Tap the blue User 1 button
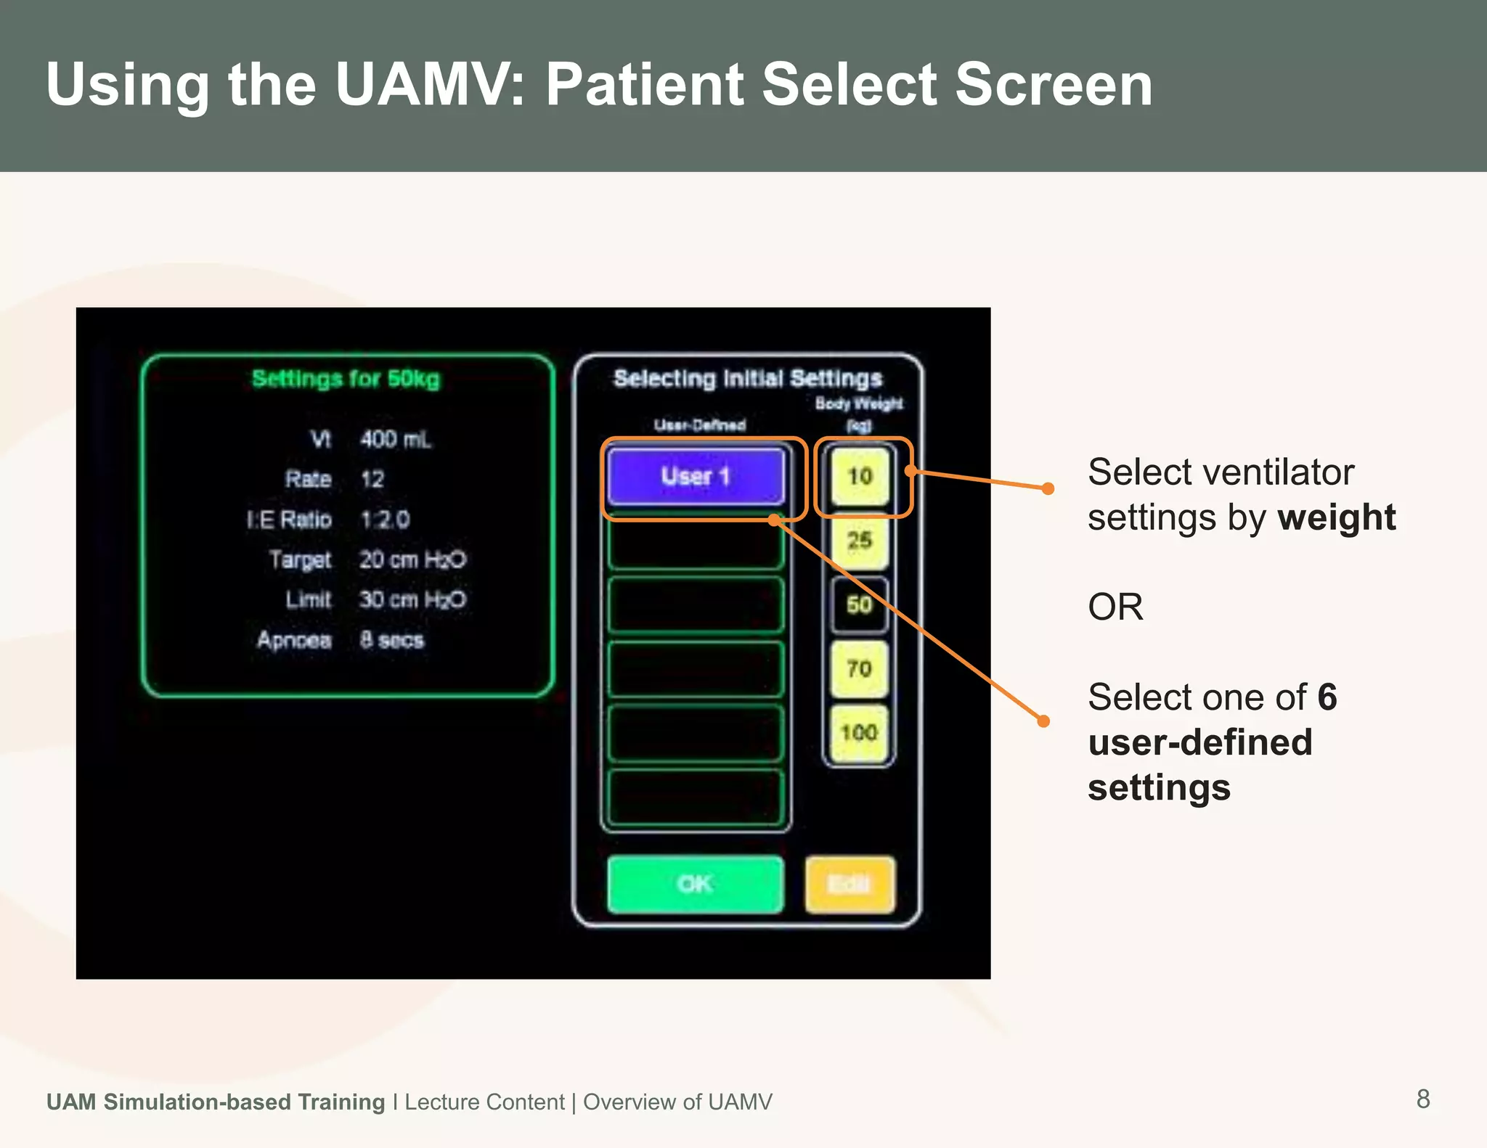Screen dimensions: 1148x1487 click(x=696, y=477)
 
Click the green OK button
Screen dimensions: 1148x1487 click(x=695, y=884)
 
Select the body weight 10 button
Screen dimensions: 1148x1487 click(x=860, y=477)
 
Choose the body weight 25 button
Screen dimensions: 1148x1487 click(x=859, y=541)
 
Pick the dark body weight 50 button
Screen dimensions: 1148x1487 click(x=859, y=604)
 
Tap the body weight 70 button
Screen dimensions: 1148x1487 click(x=859, y=668)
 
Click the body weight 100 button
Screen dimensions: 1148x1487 click(x=859, y=732)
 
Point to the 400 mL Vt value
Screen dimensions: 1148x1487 click(x=395, y=439)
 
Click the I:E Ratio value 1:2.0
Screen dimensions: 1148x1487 click(x=385, y=520)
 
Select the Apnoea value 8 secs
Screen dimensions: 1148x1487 click(x=391, y=640)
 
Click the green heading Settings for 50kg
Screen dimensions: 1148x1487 click(x=346, y=379)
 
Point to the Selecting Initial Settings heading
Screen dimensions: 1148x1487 click(x=748, y=378)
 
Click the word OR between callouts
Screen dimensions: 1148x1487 click(x=1115, y=607)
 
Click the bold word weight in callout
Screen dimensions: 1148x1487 click(x=1336, y=517)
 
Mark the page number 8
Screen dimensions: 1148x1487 click(x=1422, y=1099)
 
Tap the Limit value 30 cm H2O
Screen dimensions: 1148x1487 click(x=412, y=599)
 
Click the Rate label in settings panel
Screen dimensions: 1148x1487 click(x=308, y=479)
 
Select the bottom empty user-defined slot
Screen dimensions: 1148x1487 click(x=696, y=797)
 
